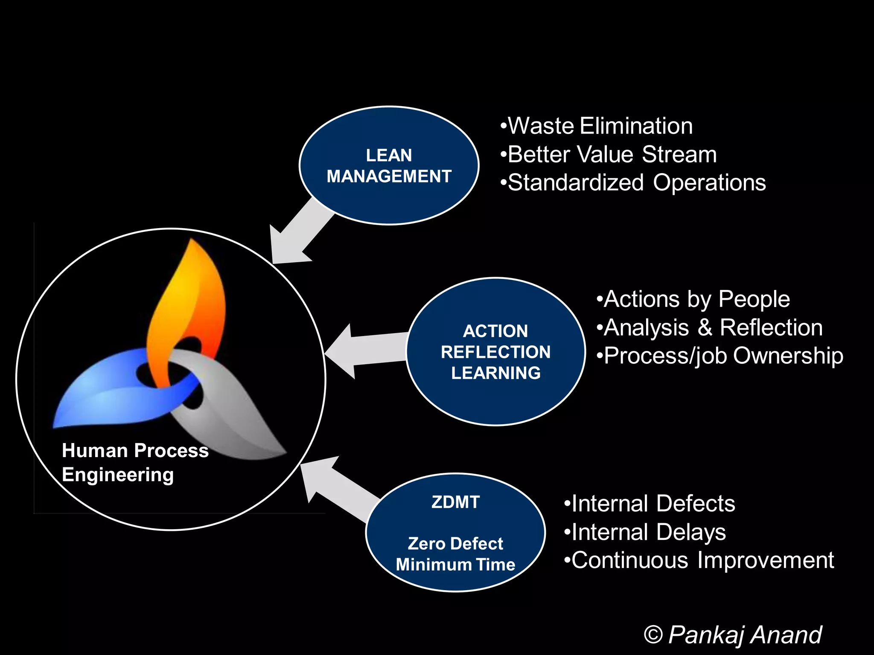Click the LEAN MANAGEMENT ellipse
pyautogui.click(x=389, y=165)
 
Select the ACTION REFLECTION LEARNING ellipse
pyautogui.click(x=495, y=351)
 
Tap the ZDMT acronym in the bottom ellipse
pyautogui.click(x=455, y=502)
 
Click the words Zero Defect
pyautogui.click(x=455, y=543)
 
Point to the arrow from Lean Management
pyautogui.click(x=299, y=235)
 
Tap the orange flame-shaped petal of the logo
pyautogui.click(x=188, y=299)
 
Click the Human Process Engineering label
pyautogui.click(x=134, y=462)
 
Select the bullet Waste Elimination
pyautogui.click(x=596, y=126)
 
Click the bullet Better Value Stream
pyautogui.click(x=608, y=154)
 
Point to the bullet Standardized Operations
pyautogui.click(x=633, y=183)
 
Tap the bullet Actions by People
pyautogui.click(x=693, y=299)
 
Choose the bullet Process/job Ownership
pyautogui.click(x=720, y=356)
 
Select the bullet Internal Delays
pyautogui.click(x=644, y=532)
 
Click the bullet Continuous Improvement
pyautogui.click(x=699, y=560)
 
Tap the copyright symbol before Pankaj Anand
pyautogui.click(x=653, y=635)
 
